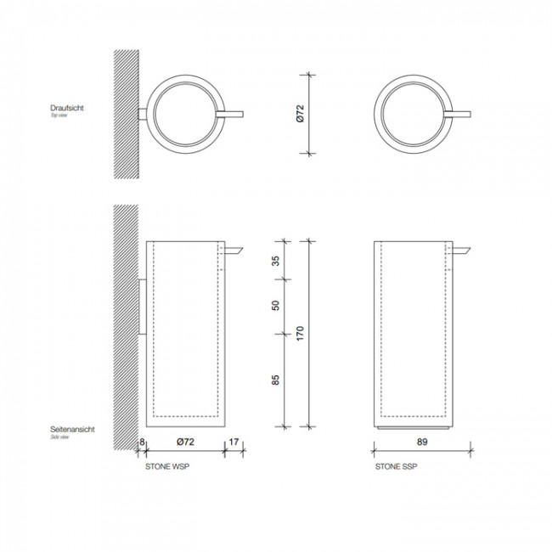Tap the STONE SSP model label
pos(396,467)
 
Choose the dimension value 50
pos(275,306)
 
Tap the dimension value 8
pos(142,442)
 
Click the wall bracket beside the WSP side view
pos(143,306)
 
